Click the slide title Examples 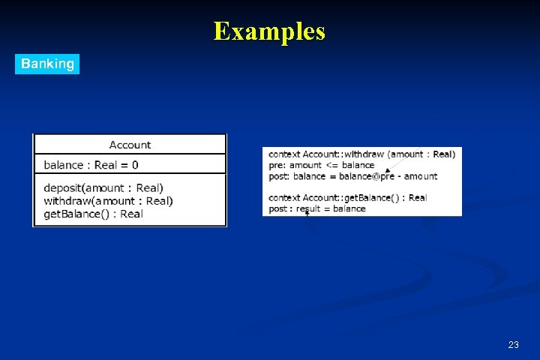[x=269, y=31]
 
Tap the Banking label [x=47, y=64]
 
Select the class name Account [x=130, y=145]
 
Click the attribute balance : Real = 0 [x=91, y=165]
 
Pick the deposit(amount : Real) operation [x=103, y=188]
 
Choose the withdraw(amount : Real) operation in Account [x=108, y=201]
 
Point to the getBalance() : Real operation [x=93, y=214]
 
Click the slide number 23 [x=513, y=345]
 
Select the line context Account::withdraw [x=361, y=154]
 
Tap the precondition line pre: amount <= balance [x=321, y=165]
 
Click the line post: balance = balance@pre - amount [x=352, y=176]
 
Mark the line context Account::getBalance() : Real [x=347, y=198]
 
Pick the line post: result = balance [x=316, y=208]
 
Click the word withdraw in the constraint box [x=364, y=154]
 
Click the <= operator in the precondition [x=331, y=165]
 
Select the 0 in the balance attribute [x=135, y=165]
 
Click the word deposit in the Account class [x=63, y=188]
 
